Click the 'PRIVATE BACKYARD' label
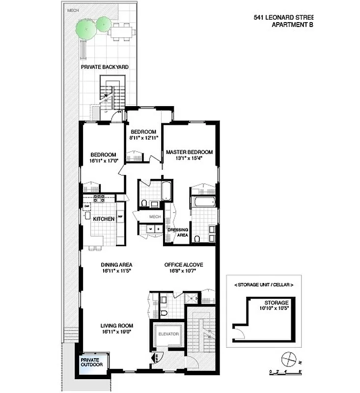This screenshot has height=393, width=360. [x=101, y=67]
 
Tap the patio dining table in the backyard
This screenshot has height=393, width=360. [x=122, y=32]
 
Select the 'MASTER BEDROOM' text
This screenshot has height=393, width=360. [x=189, y=152]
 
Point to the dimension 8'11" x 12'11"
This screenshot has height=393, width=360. [x=143, y=138]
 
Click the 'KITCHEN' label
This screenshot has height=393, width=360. [x=104, y=219]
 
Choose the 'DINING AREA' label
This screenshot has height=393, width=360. [x=115, y=264]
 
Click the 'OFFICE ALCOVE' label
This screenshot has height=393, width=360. [x=183, y=264]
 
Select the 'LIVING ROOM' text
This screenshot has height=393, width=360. [x=117, y=325]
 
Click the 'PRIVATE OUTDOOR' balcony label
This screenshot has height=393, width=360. [x=92, y=362]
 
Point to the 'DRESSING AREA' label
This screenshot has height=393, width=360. [x=178, y=232]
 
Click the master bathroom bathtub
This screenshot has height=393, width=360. [x=204, y=202]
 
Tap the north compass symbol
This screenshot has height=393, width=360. [x=288, y=358]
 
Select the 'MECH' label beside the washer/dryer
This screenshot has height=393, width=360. [x=155, y=216]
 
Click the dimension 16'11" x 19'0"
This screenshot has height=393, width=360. [x=117, y=332]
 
